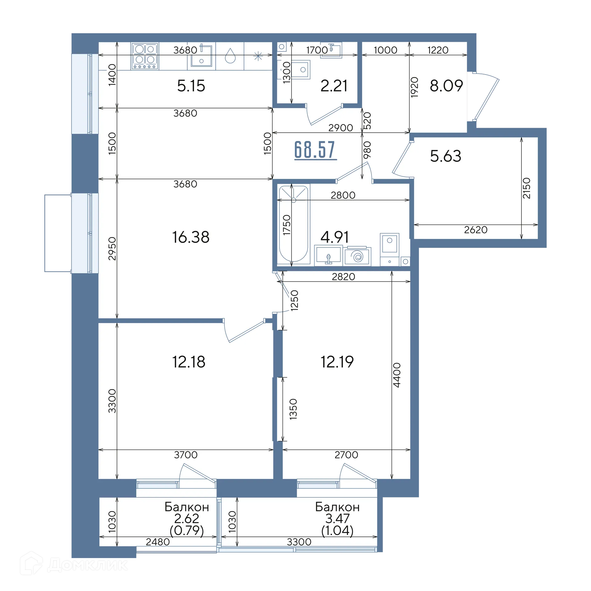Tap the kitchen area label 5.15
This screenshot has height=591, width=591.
(191, 86)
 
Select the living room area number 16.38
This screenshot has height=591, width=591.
(191, 237)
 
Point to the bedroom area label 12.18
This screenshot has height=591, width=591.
(189, 362)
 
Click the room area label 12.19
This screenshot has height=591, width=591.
(337, 362)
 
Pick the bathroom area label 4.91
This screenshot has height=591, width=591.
(335, 237)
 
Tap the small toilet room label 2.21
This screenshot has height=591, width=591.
(334, 86)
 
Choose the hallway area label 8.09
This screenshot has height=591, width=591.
(446, 86)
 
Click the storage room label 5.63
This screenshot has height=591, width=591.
(446, 156)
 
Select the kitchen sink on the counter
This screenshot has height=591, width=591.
(201, 56)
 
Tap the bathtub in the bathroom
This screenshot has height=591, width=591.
(293, 224)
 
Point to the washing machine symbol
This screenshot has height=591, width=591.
(357, 256)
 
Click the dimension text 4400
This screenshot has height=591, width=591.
(397, 375)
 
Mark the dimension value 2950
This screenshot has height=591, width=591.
(112, 248)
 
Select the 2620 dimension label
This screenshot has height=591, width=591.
(476, 230)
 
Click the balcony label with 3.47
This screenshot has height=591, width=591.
(337, 519)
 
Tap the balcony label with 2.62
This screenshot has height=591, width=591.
(187, 519)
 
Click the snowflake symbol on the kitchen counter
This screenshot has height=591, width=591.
(258, 56)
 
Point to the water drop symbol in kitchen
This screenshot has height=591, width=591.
(230, 56)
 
